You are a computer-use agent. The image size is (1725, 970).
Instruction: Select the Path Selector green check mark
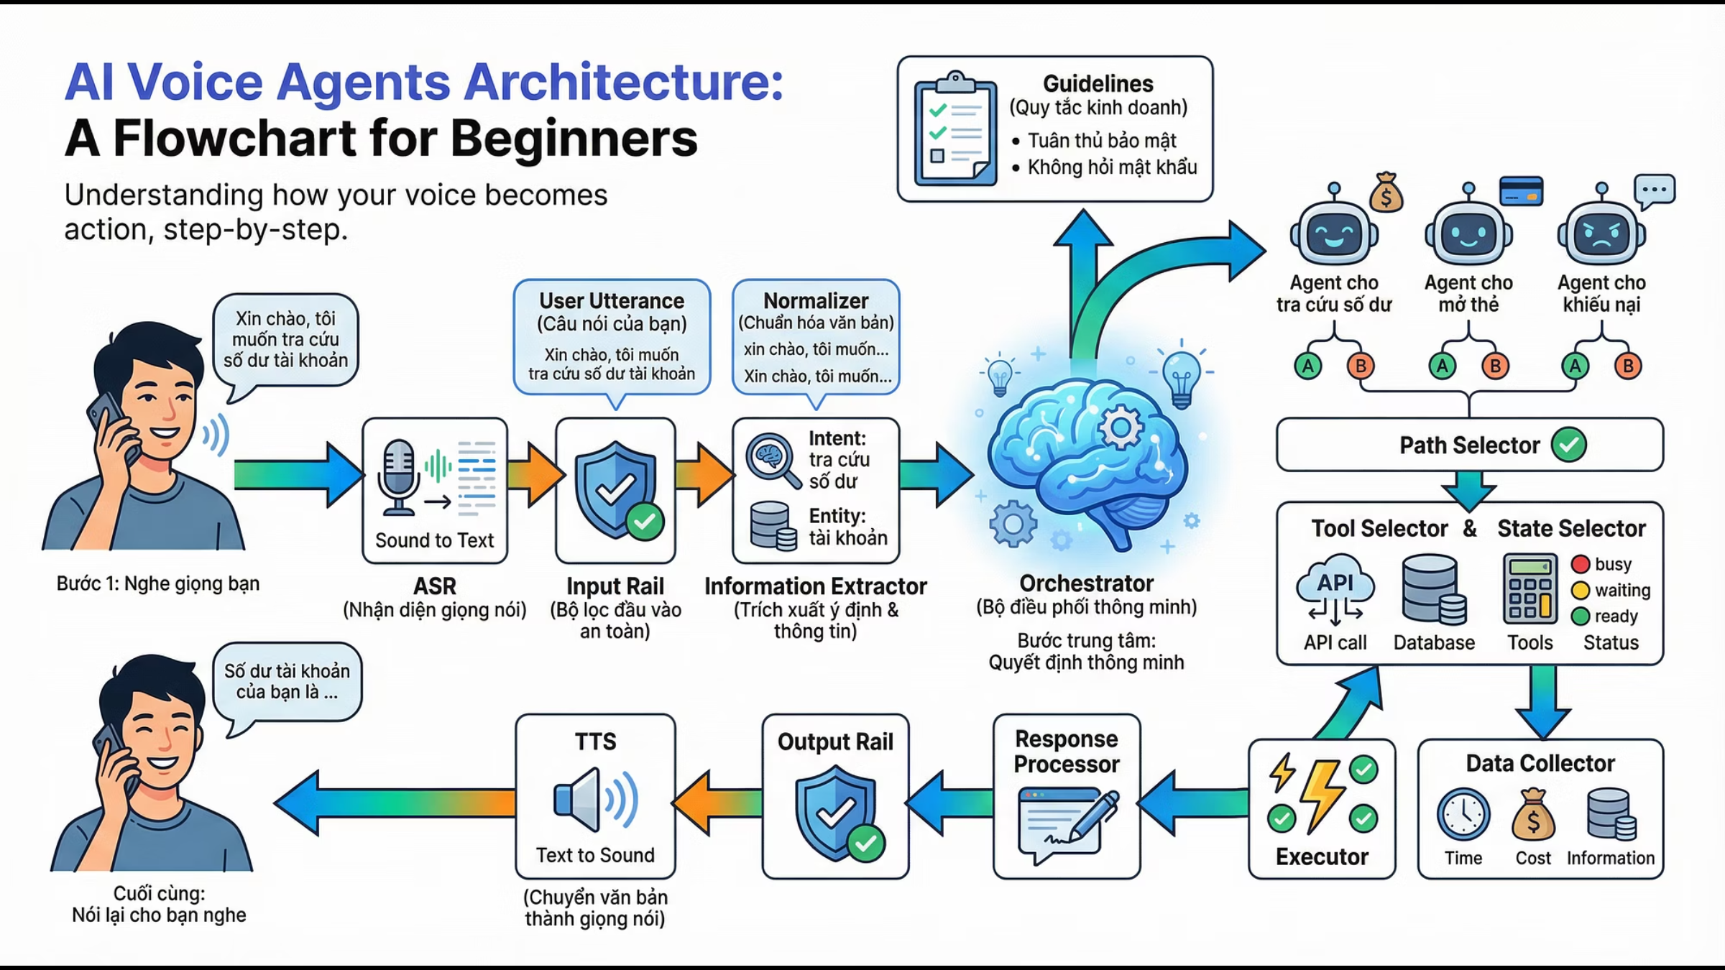point(1568,445)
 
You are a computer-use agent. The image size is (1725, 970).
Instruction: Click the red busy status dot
point(1580,564)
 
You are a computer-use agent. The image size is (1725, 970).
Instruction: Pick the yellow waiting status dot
point(1580,590)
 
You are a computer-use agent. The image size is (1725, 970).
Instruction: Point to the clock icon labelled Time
point(1463,815)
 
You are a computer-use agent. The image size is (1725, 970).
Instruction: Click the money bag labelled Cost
point(1533,815)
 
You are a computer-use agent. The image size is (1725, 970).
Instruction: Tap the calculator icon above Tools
point(1530,588)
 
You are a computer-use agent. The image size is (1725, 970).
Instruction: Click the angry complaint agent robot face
point(1601,234)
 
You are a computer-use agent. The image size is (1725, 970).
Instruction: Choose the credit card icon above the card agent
point(1521,190)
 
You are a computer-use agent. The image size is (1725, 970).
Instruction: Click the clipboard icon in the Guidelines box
point(954,130)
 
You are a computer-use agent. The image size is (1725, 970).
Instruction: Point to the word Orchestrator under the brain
point(1086,583)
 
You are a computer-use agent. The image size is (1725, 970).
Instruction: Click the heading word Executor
point(1322,856)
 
